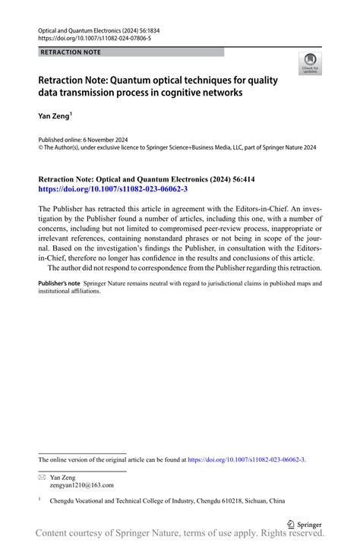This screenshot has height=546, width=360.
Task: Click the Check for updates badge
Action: pyautogui.click(x=311, y=65)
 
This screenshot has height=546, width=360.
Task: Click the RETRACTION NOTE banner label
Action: pyautogui.click(x=69, y=52)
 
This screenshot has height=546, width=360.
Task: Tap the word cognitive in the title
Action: pyautogui.click(x=213, y=94)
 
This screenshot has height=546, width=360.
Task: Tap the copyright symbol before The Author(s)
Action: pyautogui.click(x=41, y=148)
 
